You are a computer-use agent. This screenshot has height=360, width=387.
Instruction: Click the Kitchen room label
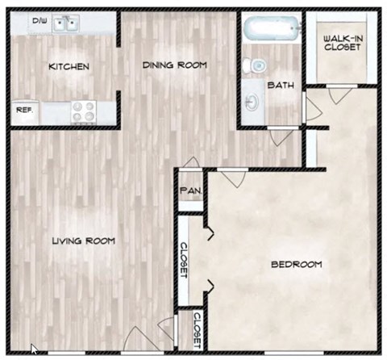68,66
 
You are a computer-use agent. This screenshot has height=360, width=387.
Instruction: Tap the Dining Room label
174,65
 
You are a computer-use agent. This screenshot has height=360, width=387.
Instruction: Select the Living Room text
83,241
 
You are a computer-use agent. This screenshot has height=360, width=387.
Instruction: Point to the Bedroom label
296,264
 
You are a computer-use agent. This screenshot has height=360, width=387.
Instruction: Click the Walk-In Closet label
342,43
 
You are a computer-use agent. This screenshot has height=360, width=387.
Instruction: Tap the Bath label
281,84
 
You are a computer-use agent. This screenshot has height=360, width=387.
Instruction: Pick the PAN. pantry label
190,190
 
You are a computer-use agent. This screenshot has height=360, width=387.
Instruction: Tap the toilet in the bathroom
256,65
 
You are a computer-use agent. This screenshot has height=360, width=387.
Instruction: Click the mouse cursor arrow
34,350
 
